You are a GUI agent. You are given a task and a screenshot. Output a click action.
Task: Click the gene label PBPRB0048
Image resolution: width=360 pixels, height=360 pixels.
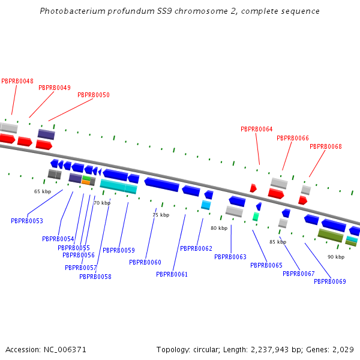[x=17, y=81]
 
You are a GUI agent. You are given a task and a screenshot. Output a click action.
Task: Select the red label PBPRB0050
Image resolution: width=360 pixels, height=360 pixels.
[x=94, y=95]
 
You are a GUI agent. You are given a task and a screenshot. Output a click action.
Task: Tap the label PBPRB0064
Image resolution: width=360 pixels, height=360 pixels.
[x=257, y=129]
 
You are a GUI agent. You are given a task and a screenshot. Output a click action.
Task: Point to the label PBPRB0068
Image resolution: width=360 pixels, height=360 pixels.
[x=326, y=146]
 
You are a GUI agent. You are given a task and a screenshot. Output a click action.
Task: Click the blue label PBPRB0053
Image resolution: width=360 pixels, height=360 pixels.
[x=27, y=221]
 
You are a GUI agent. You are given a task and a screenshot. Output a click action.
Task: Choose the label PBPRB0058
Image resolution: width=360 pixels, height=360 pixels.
[x=95, y=277]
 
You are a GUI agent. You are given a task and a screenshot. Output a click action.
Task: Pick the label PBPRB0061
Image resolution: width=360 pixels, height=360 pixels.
[x=172, y=274]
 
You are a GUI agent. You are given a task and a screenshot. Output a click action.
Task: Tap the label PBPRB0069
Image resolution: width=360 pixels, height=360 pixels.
[x=330, y=281]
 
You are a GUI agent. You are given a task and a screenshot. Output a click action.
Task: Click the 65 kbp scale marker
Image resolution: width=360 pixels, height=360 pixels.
[x=42, y=191]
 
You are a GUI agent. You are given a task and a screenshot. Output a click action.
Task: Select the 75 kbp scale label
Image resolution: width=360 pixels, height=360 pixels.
[x=160, y=215]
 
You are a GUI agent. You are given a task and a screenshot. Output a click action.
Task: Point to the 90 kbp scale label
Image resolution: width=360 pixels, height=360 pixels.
[x=336, y=257]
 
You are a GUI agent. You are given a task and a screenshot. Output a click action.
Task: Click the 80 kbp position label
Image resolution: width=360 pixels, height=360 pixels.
[x=219, y=228]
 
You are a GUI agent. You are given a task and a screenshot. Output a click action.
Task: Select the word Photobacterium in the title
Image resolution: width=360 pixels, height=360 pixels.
[x=70, y=11]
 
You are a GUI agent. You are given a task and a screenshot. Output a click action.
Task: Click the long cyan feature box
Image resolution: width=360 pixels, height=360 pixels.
[x=112, y=185]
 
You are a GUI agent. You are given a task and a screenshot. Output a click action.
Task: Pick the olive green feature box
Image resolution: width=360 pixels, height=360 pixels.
[x=330, y=235]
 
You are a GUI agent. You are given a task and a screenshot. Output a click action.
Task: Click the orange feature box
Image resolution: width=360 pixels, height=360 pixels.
[x=86, y=182]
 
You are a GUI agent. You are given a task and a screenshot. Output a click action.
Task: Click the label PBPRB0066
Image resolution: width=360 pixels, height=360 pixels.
[x=293, y=138]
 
